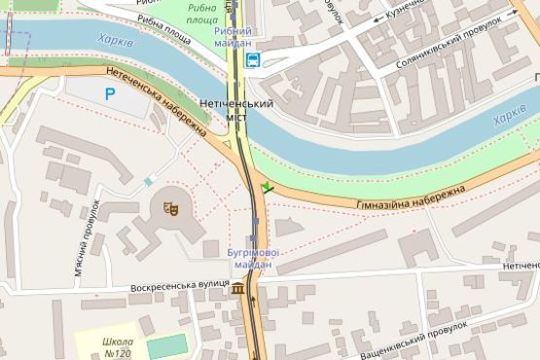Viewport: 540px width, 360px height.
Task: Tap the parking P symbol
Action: (110, 93)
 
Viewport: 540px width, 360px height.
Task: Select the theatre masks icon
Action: (169, 205)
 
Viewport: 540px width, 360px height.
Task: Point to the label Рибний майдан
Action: (233, 36)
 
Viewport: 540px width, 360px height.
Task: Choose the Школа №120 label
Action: (116, 347)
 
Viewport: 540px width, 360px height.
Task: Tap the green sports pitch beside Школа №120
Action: (166, 345)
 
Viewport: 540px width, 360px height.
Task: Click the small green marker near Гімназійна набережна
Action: (267, 187)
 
